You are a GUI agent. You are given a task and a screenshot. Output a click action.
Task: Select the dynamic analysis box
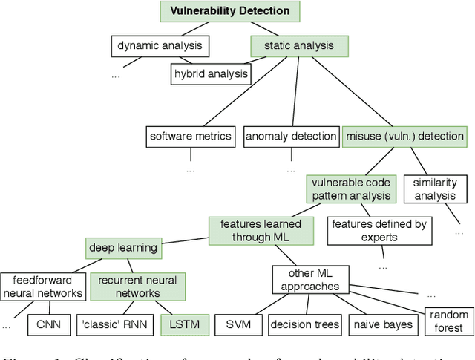coord(159,47)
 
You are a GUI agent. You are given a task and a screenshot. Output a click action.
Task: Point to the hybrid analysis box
coord(210,73)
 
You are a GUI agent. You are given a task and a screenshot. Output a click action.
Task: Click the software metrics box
coord(191,136)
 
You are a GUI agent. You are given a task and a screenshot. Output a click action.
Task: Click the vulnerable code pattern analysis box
coord(350,189)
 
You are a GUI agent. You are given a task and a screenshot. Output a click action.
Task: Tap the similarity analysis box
coord(434,189)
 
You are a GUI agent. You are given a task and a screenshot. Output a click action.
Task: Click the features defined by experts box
coord(369,231)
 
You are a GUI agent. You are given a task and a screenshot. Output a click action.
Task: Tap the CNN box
coord(50,324)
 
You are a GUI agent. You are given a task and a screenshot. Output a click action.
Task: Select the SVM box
coord(237,324)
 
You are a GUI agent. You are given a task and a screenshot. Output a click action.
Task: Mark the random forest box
coord(449,321)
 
